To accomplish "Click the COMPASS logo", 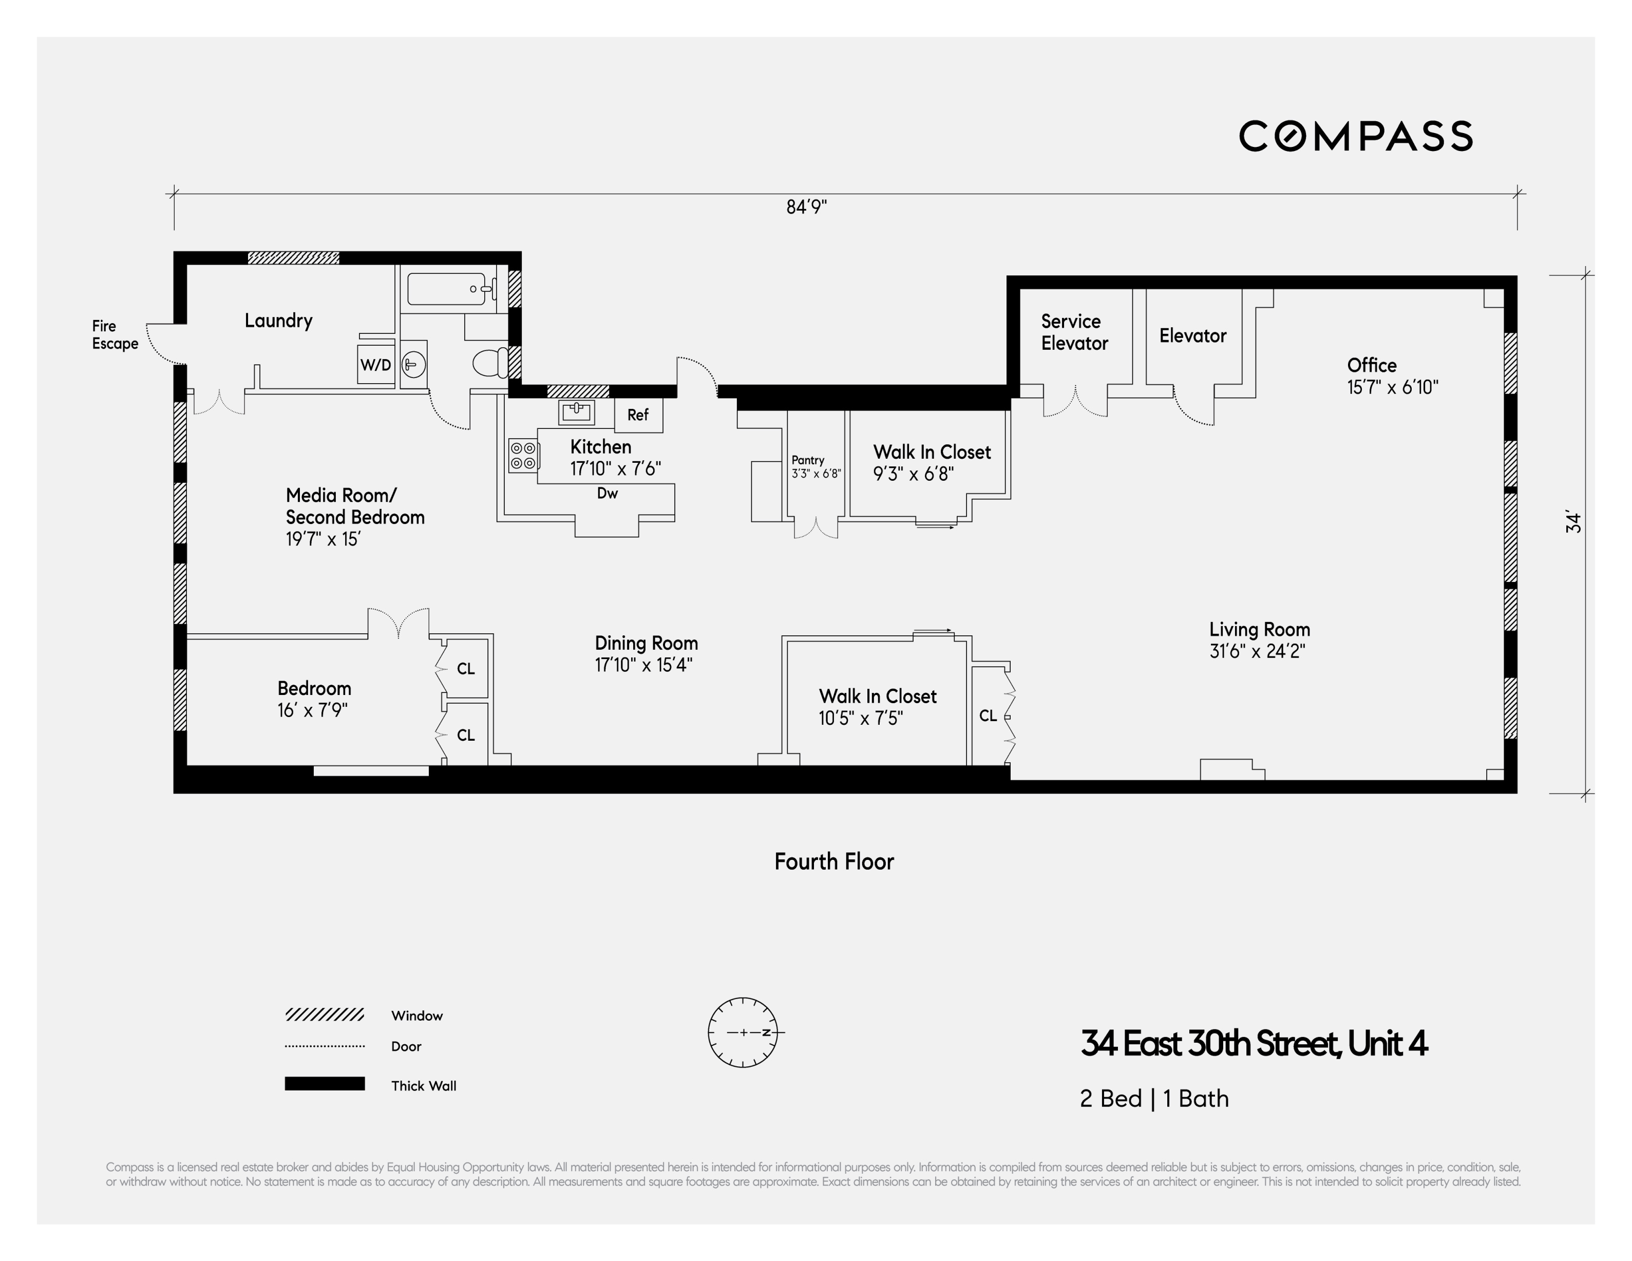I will pos(1356,136).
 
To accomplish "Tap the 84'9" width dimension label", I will pos(806,207).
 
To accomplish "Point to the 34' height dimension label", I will pos(1573,522).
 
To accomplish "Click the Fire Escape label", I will pos(115,335).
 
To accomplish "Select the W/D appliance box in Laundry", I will pos(376,365).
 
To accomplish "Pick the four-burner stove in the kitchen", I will pos(523,455).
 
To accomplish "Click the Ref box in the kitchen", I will pos(638,415).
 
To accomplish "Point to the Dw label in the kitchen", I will pos(607,493).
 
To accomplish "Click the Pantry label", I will pos(808,460).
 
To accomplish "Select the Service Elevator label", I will pos(1074,332).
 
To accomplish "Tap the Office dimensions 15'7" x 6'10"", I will pos(1392,387).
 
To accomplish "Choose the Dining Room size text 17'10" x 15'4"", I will pos(643,665).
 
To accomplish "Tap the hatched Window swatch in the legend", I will pos(325,1014).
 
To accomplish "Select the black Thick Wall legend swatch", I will pos(325,1084).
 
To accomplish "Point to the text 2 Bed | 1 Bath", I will pos(1154,1098).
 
